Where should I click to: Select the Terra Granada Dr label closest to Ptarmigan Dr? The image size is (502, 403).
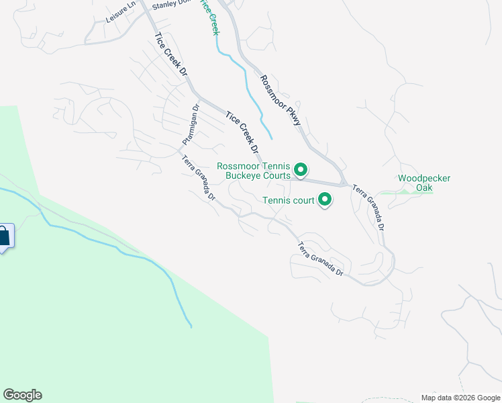pos(199,179)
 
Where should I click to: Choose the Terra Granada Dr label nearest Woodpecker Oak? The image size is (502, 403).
pos(369,209)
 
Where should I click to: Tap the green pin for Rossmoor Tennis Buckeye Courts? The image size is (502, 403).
pos(301,171)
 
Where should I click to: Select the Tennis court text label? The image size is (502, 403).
pos(288,199)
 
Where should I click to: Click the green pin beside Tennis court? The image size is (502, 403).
pos(325,199)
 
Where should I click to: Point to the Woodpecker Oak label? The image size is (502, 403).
pos(423,183)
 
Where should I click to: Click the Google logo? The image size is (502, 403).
pos(22,395)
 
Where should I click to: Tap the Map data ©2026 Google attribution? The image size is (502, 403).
pos(460,398)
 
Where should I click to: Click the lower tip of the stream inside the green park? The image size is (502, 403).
pos(191,326)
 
